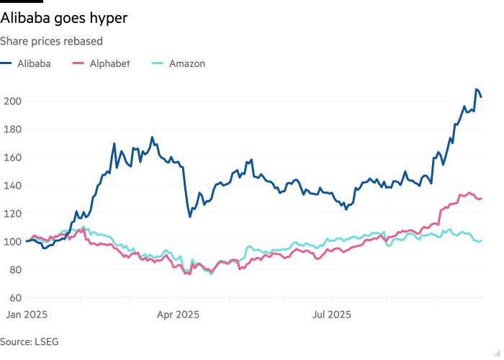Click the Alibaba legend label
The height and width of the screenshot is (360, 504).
coord(35,63)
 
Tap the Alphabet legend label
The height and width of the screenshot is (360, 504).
coord(110,63)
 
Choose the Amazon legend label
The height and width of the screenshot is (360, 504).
coord(187,63)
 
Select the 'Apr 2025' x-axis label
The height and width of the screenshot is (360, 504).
coord(178,315)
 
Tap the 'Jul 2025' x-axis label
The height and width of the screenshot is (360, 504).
coord(330,315)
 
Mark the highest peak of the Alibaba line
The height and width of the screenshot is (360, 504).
coord(476,89)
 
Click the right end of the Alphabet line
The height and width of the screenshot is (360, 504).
coord(481,198)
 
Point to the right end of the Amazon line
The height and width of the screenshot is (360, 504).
coord(481,240)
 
